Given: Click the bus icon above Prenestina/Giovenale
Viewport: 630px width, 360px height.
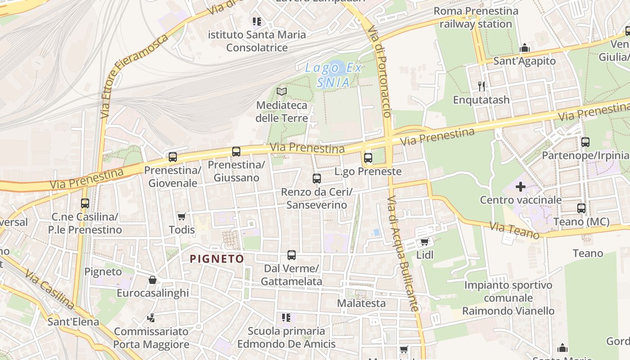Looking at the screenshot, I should click(173, 157).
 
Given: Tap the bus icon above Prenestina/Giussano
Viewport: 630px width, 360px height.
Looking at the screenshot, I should click(236, 152).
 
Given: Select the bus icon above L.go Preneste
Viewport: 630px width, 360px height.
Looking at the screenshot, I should click(368, 158).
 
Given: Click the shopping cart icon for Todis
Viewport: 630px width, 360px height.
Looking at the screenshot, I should click(182, 217).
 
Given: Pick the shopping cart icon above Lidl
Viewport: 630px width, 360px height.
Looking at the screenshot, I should click(424, 242).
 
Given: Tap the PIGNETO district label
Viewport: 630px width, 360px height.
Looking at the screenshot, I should click(217, 259).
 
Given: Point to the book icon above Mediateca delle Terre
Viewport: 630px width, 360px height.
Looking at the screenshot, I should click(282, 92).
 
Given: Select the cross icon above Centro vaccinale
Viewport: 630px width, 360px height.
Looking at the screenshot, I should click(521, 186).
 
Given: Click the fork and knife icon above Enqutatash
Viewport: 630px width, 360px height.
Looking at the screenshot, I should click(481, 86).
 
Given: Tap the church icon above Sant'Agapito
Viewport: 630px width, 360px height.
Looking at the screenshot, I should click(525, 48).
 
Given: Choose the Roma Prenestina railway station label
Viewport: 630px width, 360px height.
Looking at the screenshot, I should click(476, 17).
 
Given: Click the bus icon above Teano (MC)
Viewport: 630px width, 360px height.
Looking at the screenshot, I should click(581, 208).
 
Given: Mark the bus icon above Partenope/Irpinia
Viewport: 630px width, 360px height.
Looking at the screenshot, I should click(585, 142).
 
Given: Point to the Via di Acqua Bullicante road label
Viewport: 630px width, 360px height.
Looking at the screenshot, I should click(404, 254).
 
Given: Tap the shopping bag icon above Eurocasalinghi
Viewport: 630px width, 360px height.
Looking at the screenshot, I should click(153, 280).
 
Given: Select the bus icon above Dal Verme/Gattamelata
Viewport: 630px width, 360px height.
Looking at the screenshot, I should click(292, 255).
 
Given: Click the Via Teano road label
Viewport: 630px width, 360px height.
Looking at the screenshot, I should click(514, 231).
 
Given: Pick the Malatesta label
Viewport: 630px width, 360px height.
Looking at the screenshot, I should click(361, 303).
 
